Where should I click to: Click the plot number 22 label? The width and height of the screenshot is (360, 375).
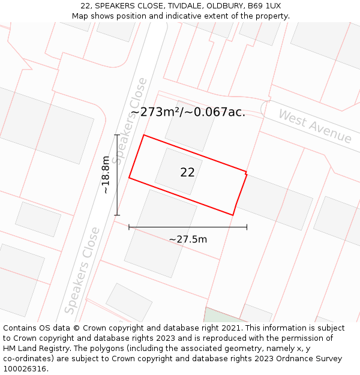[187, 172]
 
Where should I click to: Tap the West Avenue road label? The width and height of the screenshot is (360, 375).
[314, 127]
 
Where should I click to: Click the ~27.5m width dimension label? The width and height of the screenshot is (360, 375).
[188, 239]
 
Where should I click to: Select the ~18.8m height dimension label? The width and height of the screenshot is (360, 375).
[106, 175]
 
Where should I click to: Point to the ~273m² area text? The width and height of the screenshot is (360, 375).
[153, 112]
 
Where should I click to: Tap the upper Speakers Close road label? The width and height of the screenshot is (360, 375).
[130, 120]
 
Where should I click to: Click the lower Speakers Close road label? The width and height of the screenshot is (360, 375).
[82, 270]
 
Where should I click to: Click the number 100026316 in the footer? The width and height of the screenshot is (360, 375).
[25, 368]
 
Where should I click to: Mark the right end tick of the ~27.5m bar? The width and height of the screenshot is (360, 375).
[247, 227]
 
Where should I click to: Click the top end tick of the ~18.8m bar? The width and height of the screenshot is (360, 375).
[117, 135]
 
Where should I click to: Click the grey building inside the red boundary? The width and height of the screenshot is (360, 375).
[178, 170]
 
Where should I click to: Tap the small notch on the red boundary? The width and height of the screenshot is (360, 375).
[246, 173]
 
